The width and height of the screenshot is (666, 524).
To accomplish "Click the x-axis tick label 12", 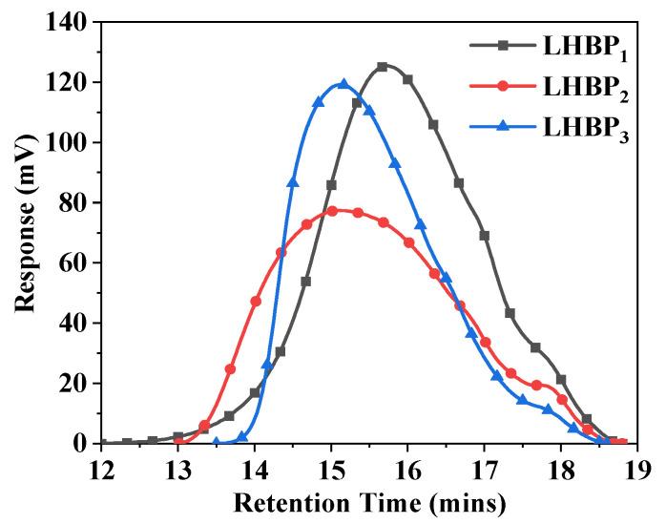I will (101, 468).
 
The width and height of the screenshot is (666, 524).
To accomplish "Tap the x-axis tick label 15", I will (331, 468).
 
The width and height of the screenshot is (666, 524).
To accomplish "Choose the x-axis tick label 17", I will (484, 468).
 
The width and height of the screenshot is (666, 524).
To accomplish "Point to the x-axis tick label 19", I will (637, 468).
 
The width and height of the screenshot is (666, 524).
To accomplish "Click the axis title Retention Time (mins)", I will (369, 500).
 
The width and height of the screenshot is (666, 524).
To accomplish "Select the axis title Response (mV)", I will (23, 231).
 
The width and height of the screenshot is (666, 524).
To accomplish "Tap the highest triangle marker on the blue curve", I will (343, 84).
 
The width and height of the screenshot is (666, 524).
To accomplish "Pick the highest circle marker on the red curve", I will (332, 211).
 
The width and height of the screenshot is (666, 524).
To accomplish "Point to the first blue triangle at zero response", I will (217, 442).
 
